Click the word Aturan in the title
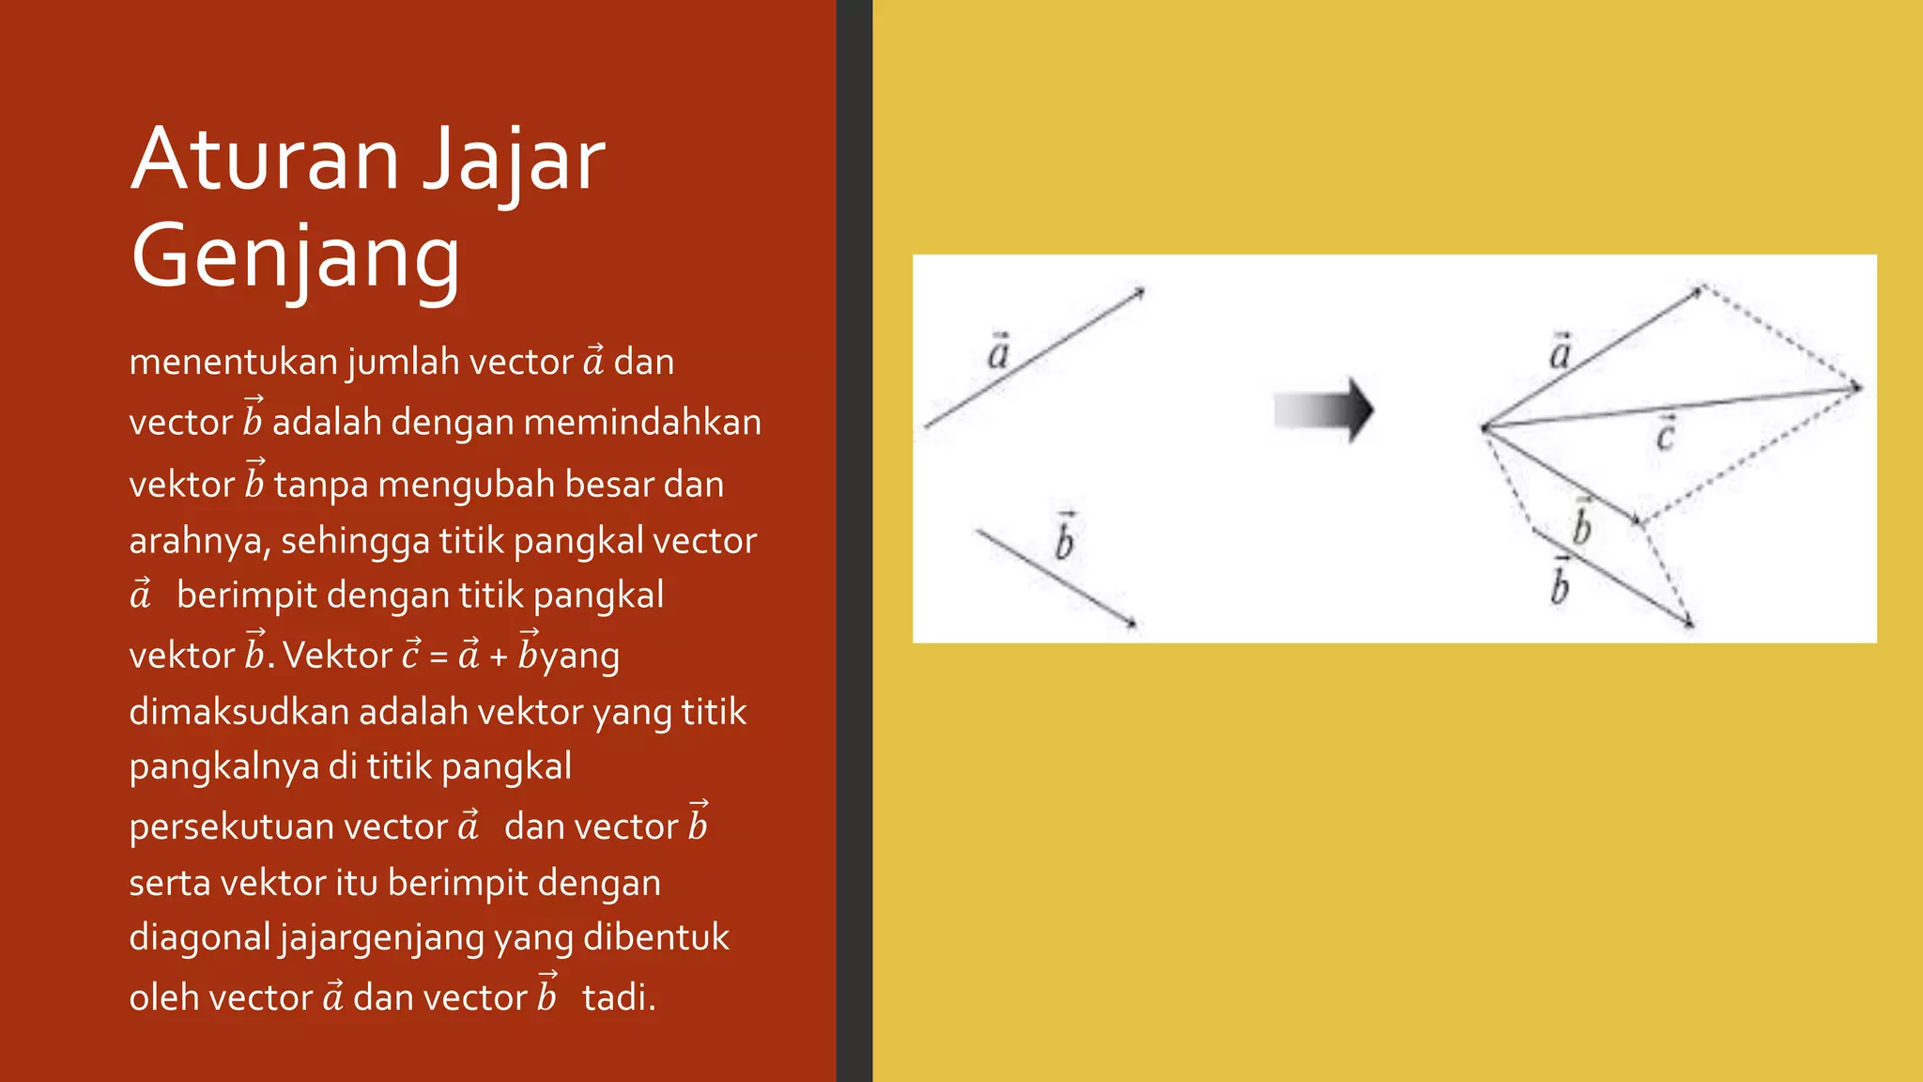pos(266,160)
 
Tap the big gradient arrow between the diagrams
pos(1325,410)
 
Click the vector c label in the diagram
pos(1665,435)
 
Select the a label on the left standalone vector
pos(998,353)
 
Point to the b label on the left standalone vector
pos(1064,540)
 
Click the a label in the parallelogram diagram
pos(1560,353)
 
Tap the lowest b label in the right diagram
pos(1560,584)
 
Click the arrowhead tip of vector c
pos(1858,387)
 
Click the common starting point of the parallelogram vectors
pos(1485,428)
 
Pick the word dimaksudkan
pos(238,712)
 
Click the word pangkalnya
pos(223,767)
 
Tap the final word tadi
pos(618,997)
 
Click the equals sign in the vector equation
pos(438,656)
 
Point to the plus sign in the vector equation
pos(499,657)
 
